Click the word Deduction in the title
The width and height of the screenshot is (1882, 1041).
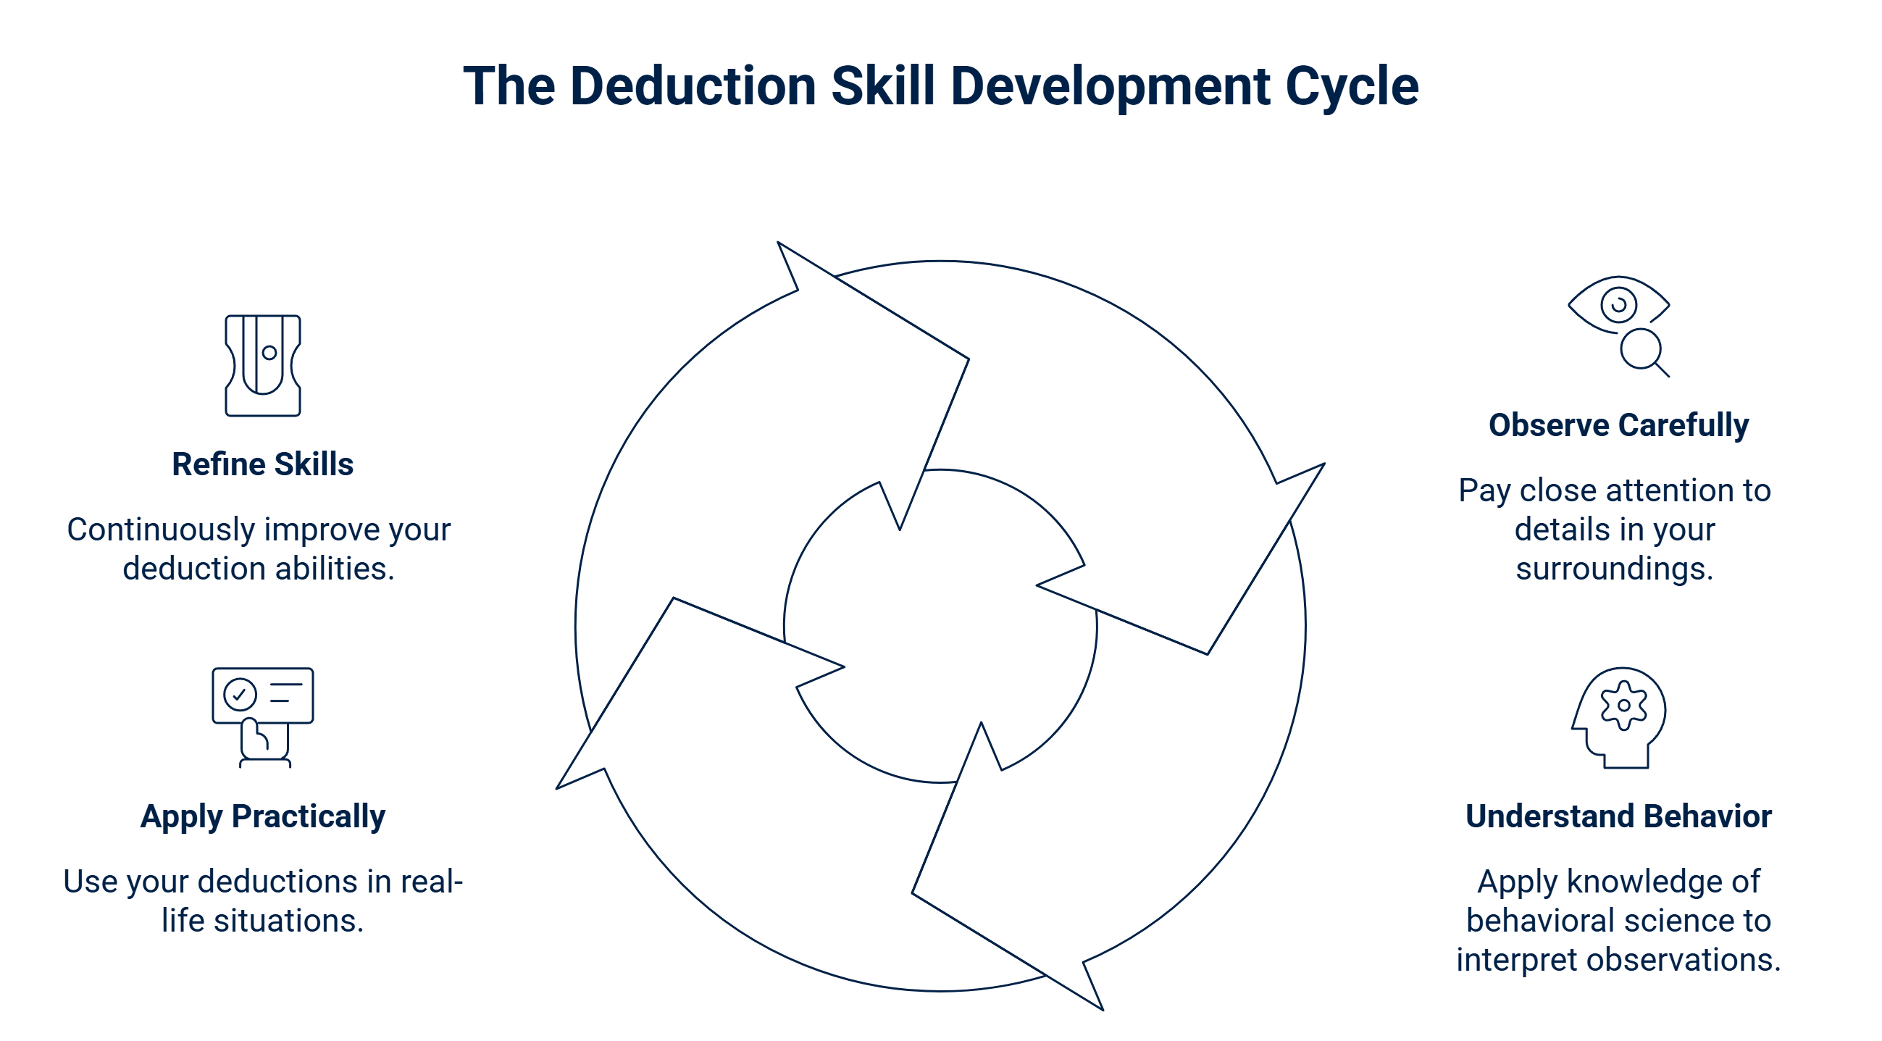click(x=692, y=86)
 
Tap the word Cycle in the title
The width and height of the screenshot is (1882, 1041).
click(x=1352, y=86)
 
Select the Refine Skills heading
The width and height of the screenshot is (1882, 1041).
click(x=262, y=464)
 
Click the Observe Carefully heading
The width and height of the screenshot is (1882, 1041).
click(x=1618, y=425)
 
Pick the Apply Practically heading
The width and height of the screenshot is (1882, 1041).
click(x=262, y=816)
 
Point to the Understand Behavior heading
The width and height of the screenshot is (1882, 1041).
click(x=1618, y=816)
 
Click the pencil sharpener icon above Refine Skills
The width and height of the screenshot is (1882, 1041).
click(x=263, y=365)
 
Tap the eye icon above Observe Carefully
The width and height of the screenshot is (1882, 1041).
click(x=1618, y=306)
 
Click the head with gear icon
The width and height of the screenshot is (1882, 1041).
click(x=1619, y=717)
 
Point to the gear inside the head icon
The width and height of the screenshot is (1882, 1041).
click(x=1623, y=705)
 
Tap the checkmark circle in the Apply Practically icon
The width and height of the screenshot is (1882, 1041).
click(x=239, y=694)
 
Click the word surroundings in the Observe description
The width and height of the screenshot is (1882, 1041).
click(x=1614, y=569)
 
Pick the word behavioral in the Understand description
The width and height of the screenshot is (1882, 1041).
click(x=1541, y=921)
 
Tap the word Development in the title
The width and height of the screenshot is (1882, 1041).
click(x=1111, y=86)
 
